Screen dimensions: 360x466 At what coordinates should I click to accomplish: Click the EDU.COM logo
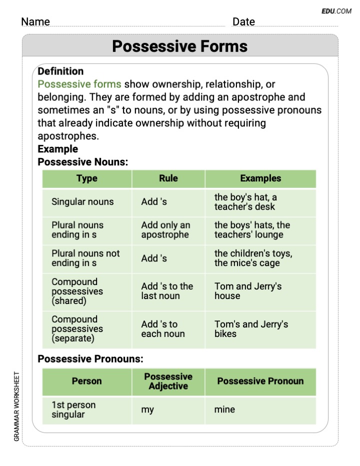336,11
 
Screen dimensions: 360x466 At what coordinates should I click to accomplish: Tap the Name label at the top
35,21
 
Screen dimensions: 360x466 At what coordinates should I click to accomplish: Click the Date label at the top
243,21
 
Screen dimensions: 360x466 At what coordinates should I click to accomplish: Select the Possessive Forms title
179,46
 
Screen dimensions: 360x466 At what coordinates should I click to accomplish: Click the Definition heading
60,71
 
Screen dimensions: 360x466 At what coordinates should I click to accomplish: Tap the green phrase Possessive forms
79,84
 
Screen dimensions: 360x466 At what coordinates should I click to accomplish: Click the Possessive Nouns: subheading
82,162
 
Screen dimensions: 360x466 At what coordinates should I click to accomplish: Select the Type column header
87,178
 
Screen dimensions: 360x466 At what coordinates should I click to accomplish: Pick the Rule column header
168,178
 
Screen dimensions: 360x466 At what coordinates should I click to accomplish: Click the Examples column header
260,178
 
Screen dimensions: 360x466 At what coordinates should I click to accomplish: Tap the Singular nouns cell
87,202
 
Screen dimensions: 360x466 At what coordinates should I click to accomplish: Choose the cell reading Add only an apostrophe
168,230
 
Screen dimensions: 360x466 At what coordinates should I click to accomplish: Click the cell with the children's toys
260,258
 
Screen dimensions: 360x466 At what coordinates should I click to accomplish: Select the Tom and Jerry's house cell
260,291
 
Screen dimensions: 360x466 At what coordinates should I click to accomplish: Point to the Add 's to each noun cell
168,329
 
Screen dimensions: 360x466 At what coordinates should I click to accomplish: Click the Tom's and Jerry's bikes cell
260,329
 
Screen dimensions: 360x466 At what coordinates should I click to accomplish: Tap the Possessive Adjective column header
168,381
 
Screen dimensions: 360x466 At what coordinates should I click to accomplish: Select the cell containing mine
260,410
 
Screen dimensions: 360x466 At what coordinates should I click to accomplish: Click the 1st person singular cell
87,410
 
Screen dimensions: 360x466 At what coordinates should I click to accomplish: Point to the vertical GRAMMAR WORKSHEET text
16,406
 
